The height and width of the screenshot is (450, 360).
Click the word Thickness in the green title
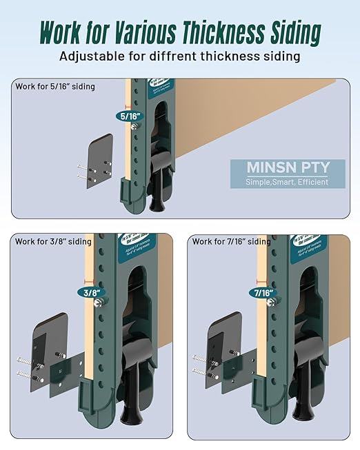(221, 32)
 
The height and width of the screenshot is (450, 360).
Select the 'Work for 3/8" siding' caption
(52, 241)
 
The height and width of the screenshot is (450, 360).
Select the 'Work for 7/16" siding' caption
(232, 241)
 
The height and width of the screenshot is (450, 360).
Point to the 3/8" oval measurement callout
(90, 292)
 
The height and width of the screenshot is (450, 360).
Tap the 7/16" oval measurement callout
(263, 292)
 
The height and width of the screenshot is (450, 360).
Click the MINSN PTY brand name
(288, 167)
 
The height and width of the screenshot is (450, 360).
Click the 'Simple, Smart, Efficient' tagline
(288, 183)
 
